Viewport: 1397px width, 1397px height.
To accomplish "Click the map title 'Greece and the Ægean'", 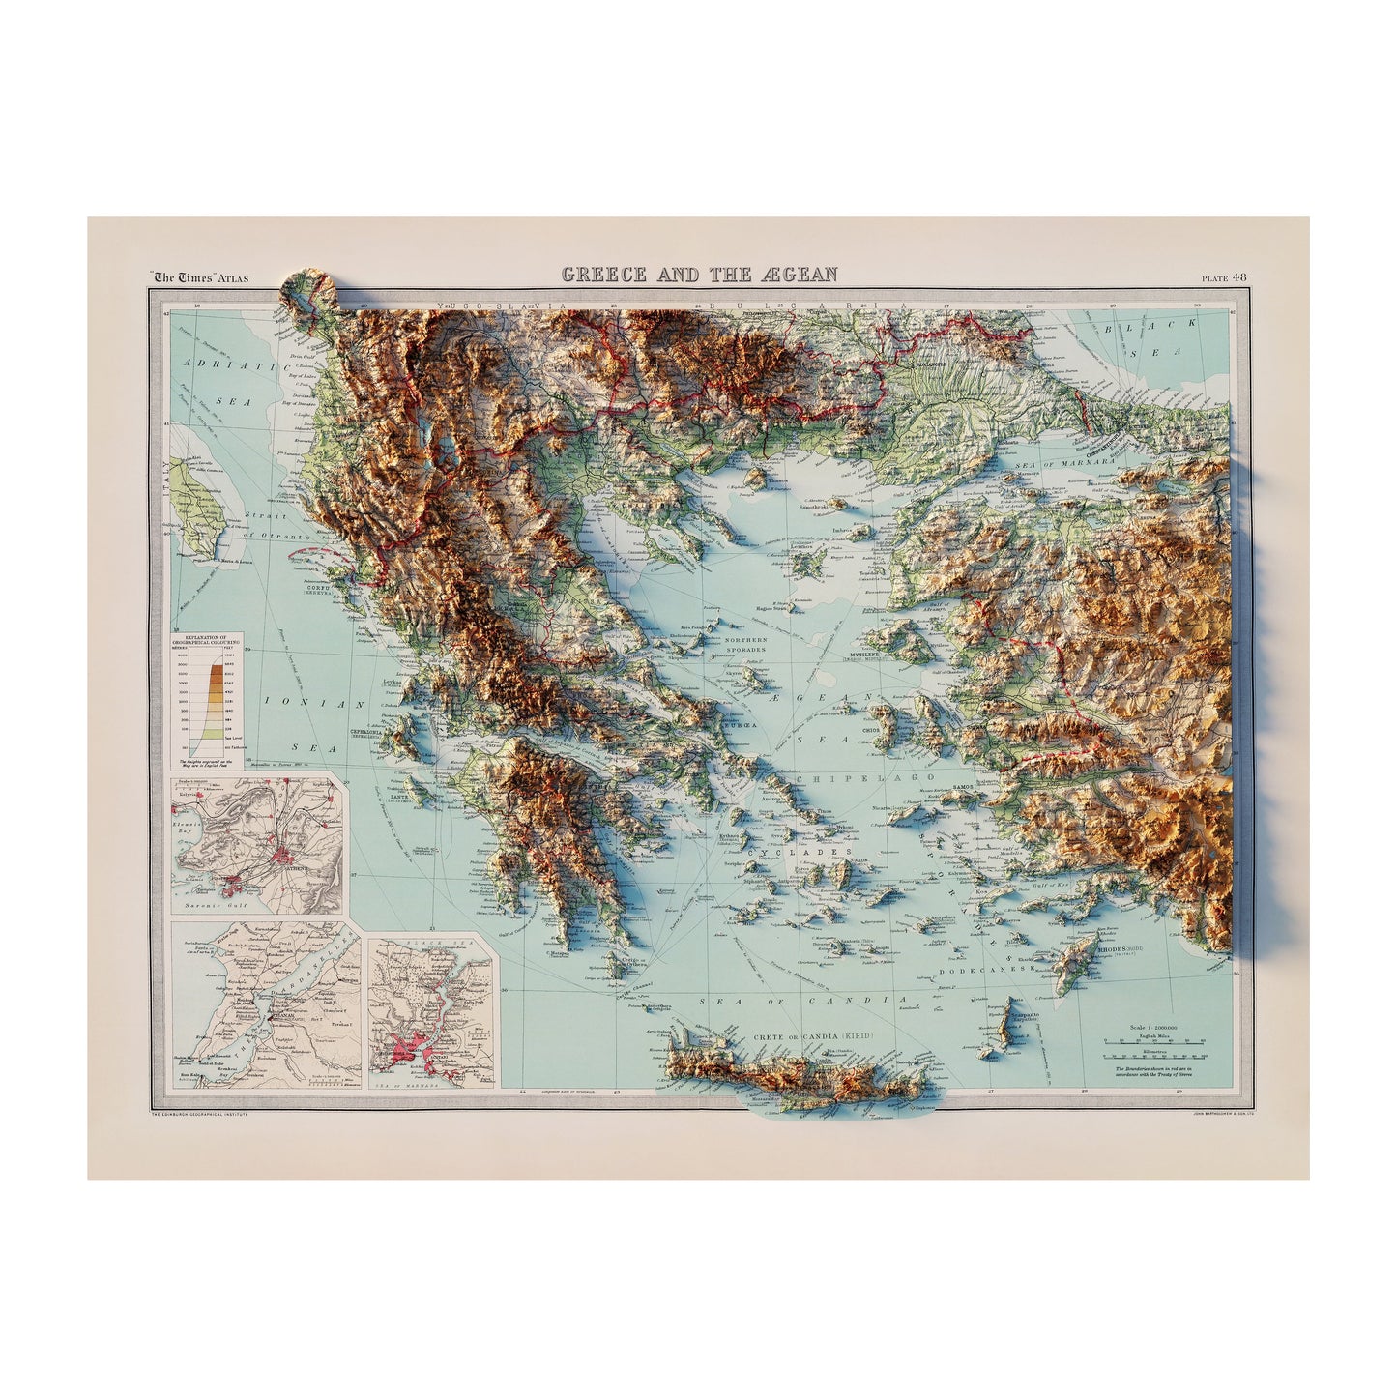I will (700, 275).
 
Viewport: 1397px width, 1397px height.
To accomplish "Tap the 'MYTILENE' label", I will (866, 653).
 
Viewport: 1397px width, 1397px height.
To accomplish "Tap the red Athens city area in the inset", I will (282, 855).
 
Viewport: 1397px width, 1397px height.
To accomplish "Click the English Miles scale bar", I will (1160, 1042).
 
